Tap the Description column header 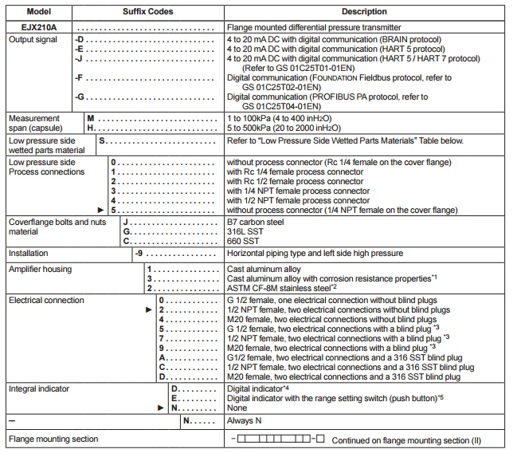pos(364,12)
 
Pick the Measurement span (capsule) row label pos(34,122)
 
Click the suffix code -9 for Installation pos(139,254)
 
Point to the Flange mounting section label pos(53,439)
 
